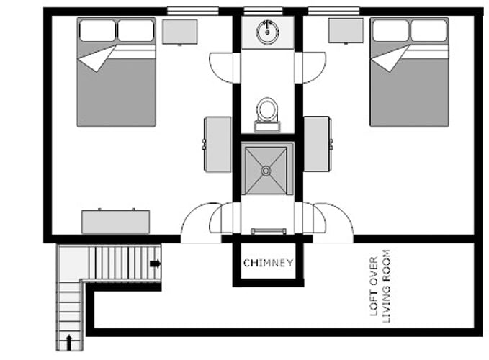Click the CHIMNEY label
coord(268,263)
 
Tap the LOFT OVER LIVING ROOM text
coord(380,287)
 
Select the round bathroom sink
coord(267,31)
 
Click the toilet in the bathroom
coord(267,114)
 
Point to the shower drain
coord(266,171)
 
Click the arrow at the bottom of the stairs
coord(69,342)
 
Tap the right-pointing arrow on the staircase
coord(156,264)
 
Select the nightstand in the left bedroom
coord(179,32)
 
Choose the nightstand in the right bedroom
coord(346,31)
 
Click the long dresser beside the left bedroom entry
coord(116,222)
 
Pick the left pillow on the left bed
coord(97,30)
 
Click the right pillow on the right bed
coord(429,30)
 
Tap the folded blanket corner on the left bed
coord(97,58)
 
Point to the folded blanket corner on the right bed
coord(390,58)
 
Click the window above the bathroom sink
coord(263,12)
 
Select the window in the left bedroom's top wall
coord(193,12)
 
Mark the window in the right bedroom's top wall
coord(333,12)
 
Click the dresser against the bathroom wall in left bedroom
coord(217,144)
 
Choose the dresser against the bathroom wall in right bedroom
coord(317,144)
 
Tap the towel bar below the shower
coord(269,231)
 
